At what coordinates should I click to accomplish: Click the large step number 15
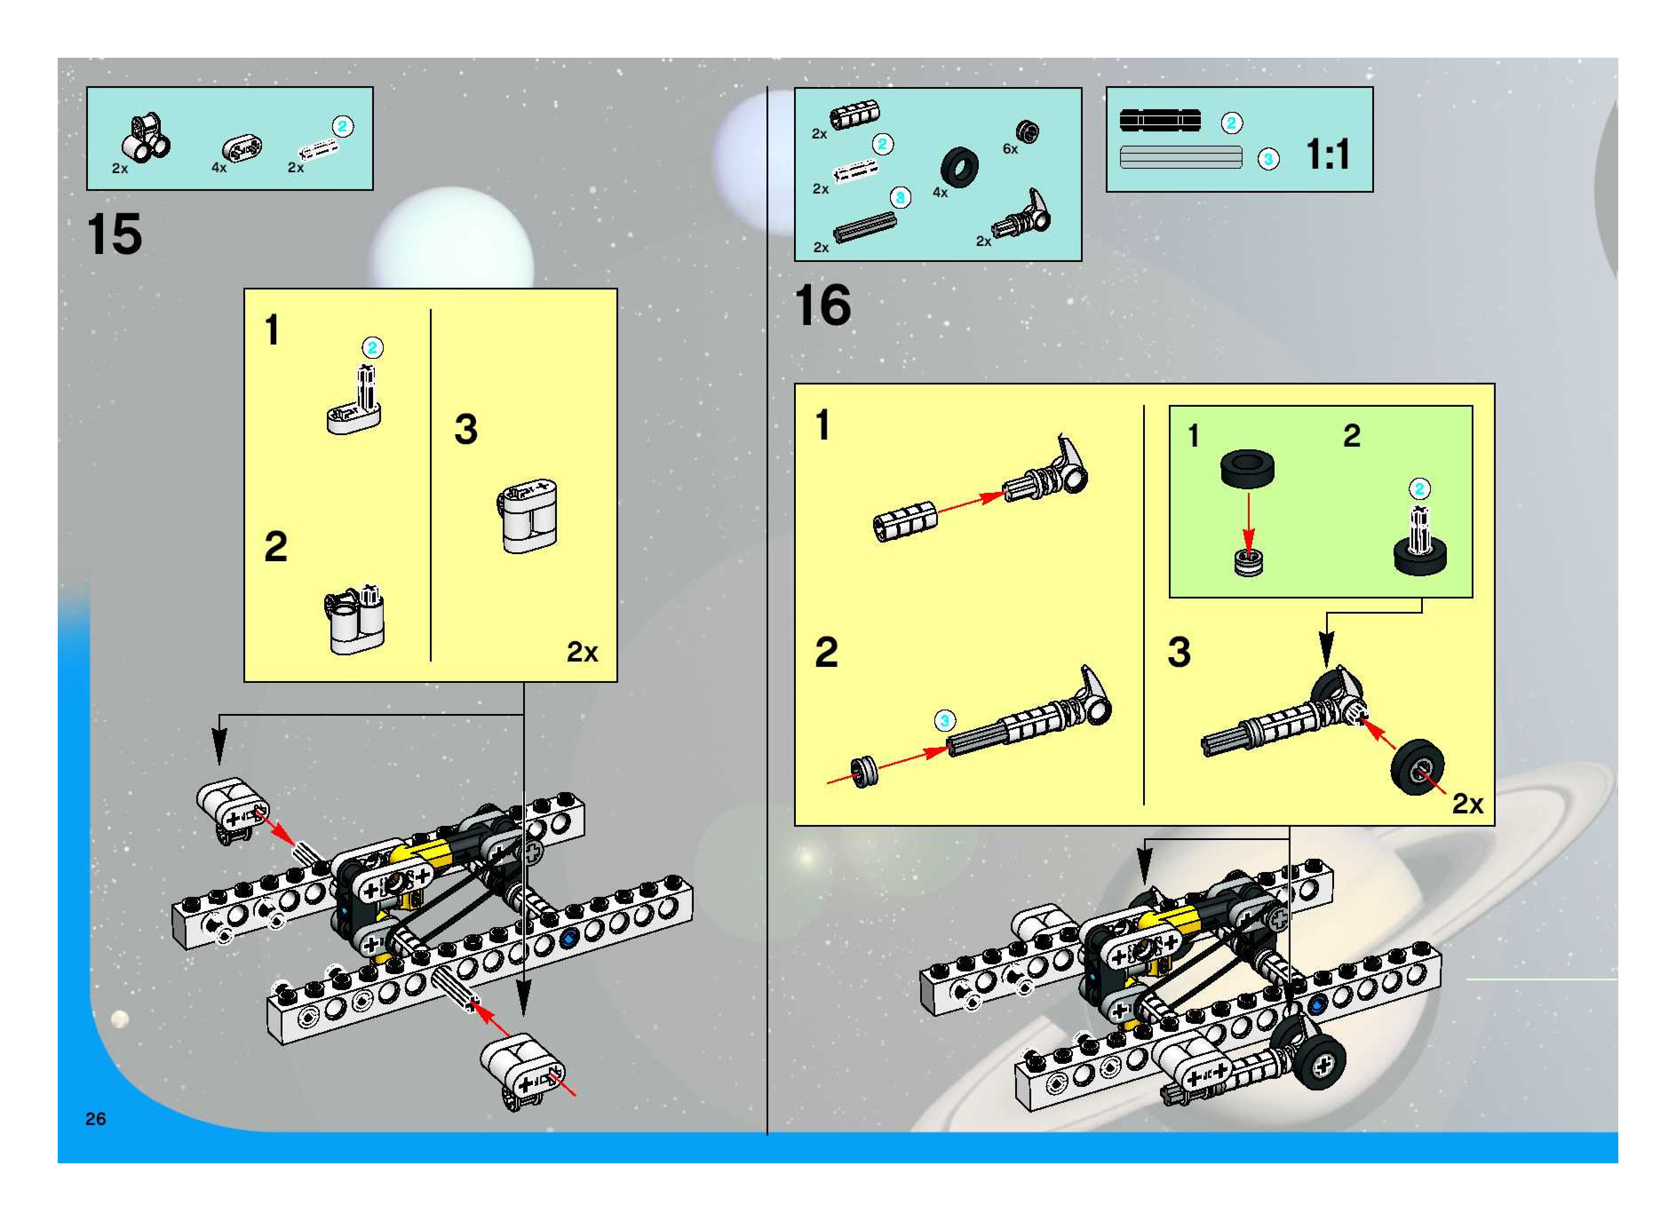click(x=115, y=234)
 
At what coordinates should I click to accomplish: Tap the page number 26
click(x=95, y=1118)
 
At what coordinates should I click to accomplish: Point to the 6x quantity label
click(x=1010, y=149)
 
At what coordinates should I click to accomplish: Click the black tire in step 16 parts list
click(x=960, y=167)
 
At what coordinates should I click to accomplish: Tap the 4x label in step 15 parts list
click(x=219, y=168)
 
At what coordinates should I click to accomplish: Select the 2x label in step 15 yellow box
click(x=582, y=652)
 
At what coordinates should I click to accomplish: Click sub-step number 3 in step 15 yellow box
click(x=466, y=428)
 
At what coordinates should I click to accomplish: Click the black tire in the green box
click(x=1247, y=468)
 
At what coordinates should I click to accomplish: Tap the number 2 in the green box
click(x=1351, y=435)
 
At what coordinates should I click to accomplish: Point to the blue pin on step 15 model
click(x=568, y=939)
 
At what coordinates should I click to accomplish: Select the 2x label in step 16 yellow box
click(x=1468, y=803)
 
